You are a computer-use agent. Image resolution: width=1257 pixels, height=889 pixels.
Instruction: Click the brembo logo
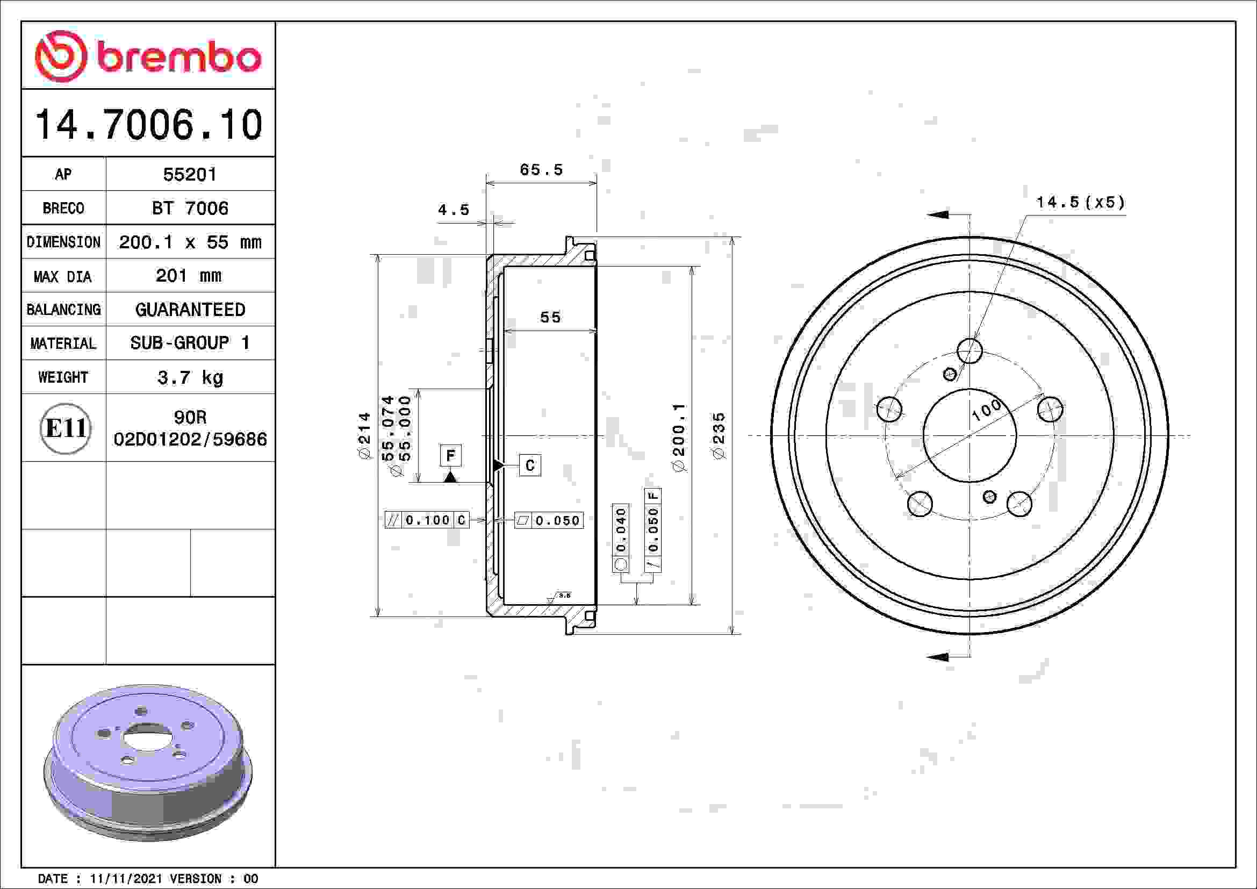point(148,56)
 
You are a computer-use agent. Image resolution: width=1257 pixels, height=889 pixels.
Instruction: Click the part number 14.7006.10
point(148,125)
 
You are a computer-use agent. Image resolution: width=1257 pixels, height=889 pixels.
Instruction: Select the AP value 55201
point(190,175)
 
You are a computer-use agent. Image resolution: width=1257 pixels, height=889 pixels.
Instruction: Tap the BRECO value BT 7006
point(190,209)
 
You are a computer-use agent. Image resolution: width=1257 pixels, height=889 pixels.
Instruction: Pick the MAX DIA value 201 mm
point(189,276)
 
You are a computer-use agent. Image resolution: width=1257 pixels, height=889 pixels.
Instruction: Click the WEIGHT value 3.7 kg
point(190,378)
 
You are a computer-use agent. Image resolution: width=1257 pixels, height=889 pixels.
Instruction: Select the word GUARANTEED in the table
point(190,310)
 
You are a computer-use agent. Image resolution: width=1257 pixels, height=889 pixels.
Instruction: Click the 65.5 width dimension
point(541,170)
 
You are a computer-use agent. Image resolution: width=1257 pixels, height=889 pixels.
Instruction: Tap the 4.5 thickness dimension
point(454,210)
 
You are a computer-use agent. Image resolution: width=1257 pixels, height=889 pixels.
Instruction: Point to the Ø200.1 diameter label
point(679,438)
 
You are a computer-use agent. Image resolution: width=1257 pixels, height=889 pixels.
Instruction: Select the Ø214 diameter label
point(364,436)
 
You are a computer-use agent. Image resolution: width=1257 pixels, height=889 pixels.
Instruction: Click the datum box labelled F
point(450,455)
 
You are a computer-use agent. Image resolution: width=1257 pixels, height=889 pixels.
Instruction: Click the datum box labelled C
point(529,465)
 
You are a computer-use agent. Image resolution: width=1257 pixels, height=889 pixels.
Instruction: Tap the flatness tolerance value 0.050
point(557,521)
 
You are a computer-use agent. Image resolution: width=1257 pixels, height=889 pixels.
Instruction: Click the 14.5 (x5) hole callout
point(1080,203)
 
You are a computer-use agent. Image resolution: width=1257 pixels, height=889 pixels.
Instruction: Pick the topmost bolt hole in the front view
point(969,350)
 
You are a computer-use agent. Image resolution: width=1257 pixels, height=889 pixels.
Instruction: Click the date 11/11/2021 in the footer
point(125,879)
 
